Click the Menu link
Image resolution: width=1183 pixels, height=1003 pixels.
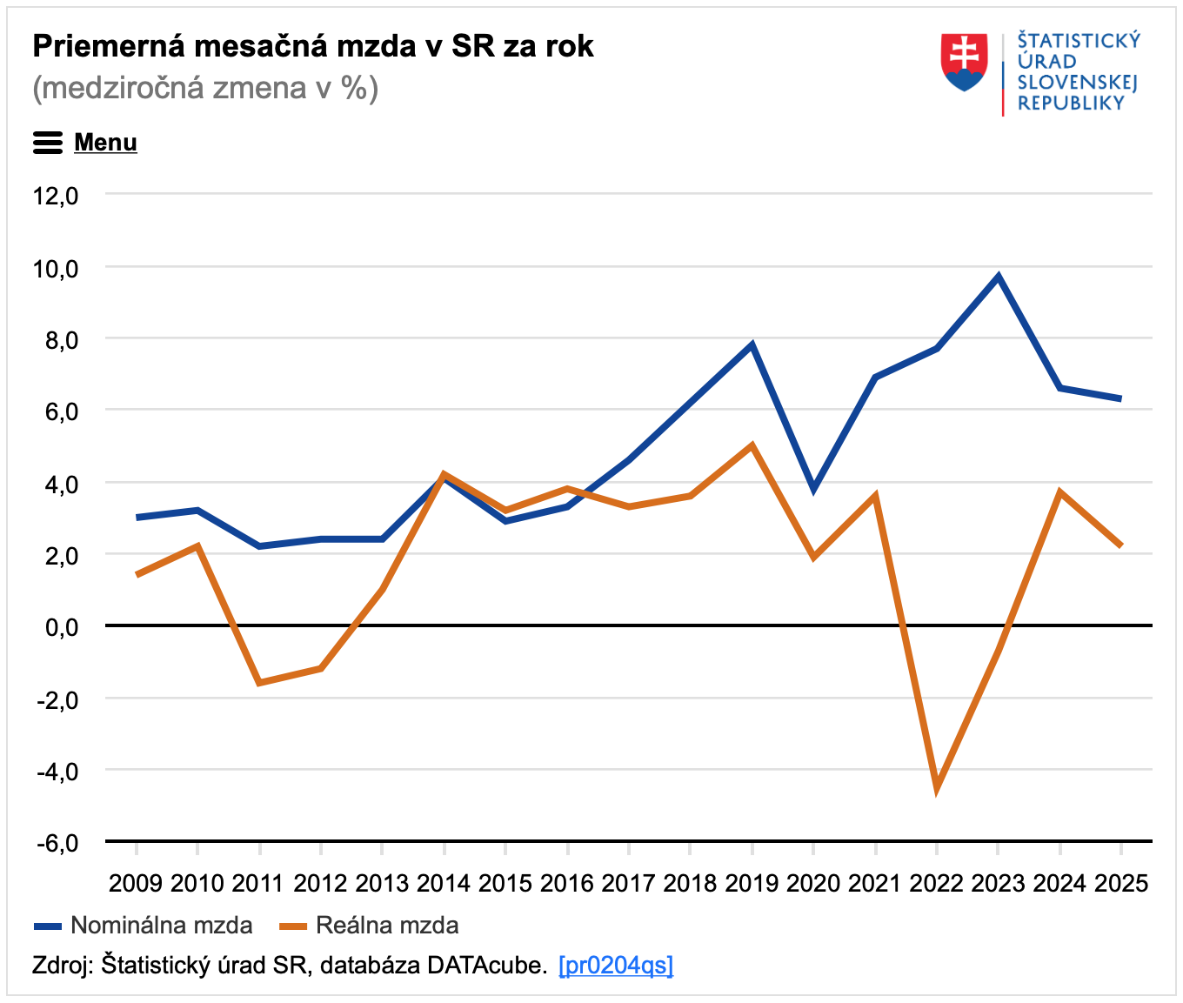[x=105, y=143]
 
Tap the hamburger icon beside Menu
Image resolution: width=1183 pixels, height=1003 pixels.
[x=48, y=143]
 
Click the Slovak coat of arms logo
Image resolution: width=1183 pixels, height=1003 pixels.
[x=964, y=63]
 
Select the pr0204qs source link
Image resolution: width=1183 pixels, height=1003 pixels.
[x=616, y=965]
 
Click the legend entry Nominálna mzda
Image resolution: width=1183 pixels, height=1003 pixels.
[x=161, y=926]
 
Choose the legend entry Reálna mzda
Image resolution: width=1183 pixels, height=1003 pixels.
[x=387, y=926]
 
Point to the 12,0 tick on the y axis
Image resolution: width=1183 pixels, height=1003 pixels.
[x=56, y=196]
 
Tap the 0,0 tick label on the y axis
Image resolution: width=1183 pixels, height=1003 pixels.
[x=61, y=627]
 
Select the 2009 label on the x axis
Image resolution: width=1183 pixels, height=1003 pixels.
[x=136, y=884]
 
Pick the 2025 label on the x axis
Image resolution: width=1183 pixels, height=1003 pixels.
[x=1121, y=884]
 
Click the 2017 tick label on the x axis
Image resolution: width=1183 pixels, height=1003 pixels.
[x=628, y=884]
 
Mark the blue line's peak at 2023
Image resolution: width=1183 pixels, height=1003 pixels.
[x=999, y=277]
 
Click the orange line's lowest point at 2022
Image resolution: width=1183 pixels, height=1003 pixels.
[x=937, y=787]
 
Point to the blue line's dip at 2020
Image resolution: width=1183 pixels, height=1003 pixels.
[x=813, y=489]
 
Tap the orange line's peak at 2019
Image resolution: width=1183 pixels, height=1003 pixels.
[x=752, y=445]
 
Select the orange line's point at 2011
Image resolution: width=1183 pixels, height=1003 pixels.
[x=259, y=683]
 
